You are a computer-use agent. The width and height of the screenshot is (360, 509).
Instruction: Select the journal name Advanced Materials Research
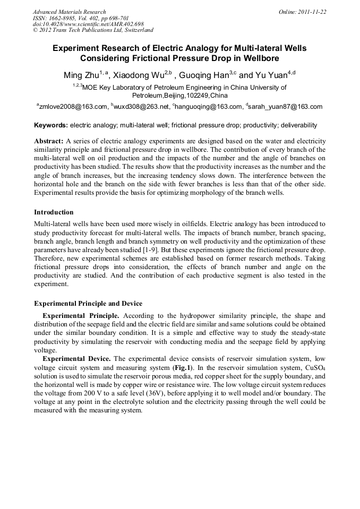(x=70, y=12)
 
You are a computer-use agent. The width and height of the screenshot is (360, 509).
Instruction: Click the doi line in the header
(x=88, y=24)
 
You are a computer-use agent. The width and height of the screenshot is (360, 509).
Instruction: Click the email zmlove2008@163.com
(x=72, y=107)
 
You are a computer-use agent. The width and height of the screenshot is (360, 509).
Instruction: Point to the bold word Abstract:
(x=49, y=142)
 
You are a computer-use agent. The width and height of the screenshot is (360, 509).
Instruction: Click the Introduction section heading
(x=54, y=212)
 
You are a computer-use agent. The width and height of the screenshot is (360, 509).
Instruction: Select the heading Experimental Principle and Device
(x=88, y=304)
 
